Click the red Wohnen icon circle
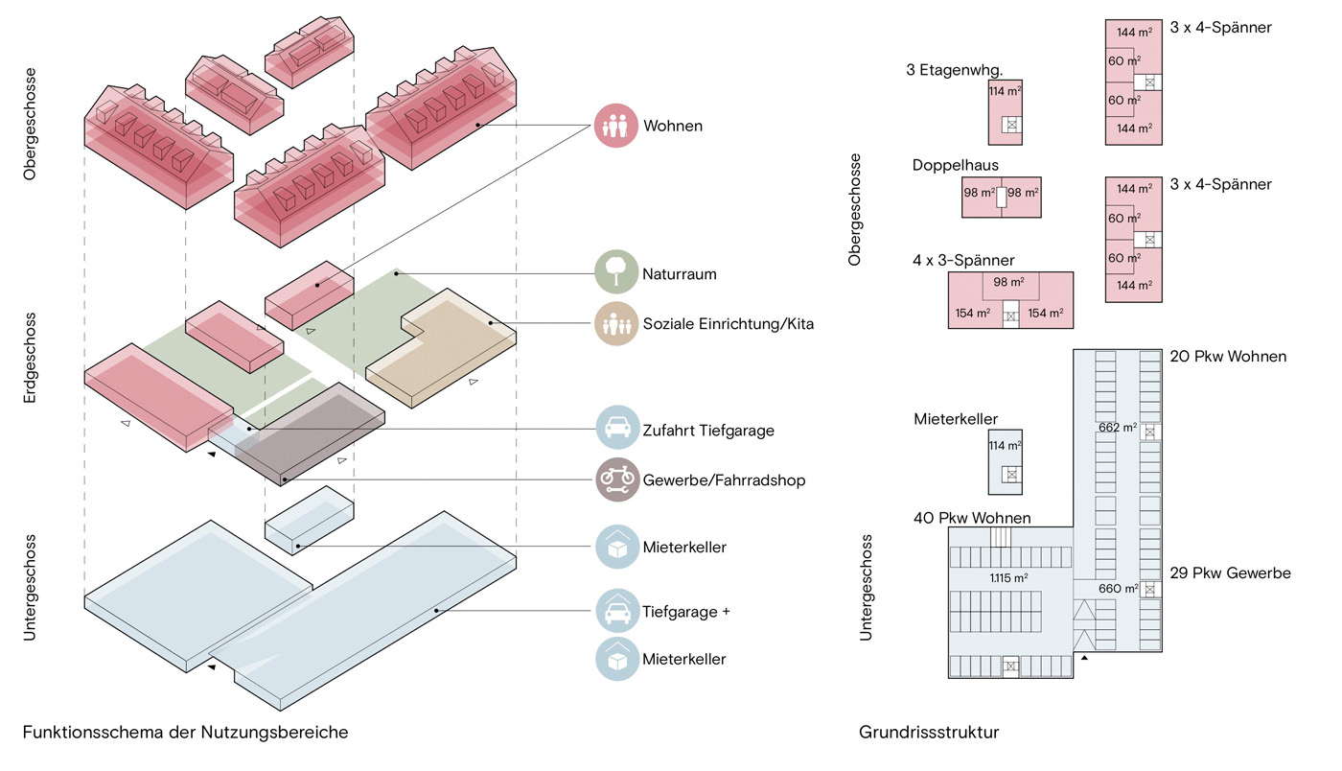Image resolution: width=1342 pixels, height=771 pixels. coord(615,126)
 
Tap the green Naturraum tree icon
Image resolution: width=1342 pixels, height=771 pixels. coord(615,273)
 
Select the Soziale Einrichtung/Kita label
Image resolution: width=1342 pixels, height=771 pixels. coord(729,324)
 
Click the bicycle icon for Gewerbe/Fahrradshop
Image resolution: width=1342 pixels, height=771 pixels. coord(615,480)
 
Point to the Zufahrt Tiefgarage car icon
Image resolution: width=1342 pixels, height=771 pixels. coord(615,429)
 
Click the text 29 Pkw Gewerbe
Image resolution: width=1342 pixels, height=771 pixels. coord(1230,573)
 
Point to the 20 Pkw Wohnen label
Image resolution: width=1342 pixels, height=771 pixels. coord(1228,357)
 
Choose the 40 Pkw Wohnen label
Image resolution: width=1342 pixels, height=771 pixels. coord(972,519)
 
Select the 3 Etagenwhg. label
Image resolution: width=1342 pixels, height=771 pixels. coord(954,70)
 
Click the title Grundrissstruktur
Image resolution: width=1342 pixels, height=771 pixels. coord(929,733)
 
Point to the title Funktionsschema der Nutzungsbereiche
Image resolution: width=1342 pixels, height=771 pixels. coord(185,733)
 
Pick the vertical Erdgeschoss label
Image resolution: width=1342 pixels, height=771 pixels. coord(31,357)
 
